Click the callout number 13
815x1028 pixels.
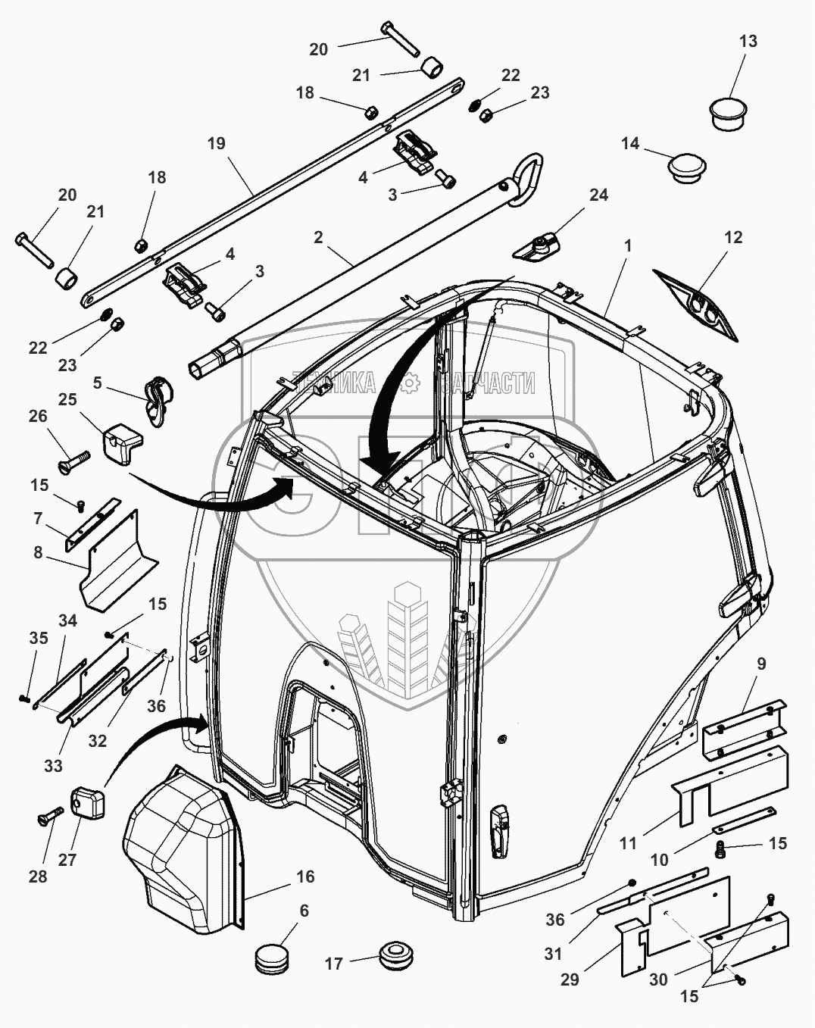[748, 41]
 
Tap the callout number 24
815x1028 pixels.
[598, 195]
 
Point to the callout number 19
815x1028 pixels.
[216, 143]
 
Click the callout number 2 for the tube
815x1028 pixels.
[318, 237]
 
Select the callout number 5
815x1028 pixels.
[97, 383]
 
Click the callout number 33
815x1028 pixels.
[52, 766]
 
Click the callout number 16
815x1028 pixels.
[304, 876]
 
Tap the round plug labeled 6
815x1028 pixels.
[273, 956]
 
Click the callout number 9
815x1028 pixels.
[761, 664]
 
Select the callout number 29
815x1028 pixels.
[570, 980]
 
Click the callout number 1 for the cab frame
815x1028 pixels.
[627, 247]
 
